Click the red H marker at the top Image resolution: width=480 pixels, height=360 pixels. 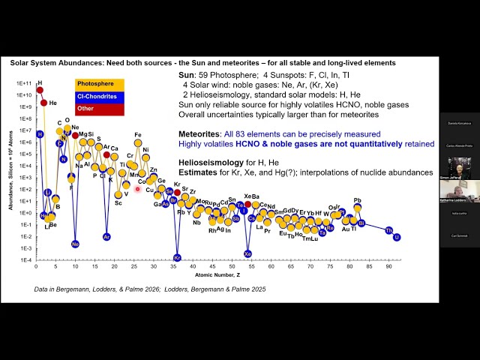(40, 90)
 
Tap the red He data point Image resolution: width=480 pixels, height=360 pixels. (43, 102)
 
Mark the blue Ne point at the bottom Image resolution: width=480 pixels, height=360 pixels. (75, 244)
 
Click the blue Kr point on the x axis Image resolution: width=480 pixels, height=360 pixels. (177, 256)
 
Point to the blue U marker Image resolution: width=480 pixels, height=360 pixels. (397, 237)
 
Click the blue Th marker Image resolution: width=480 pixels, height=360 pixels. (389, 230)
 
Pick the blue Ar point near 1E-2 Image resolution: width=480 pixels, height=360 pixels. (106, 237)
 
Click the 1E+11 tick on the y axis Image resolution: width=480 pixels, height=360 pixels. (21, 83)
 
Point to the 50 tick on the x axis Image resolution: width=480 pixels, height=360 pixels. (232, 266)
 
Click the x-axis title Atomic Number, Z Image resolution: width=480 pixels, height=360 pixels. (215, 274)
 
